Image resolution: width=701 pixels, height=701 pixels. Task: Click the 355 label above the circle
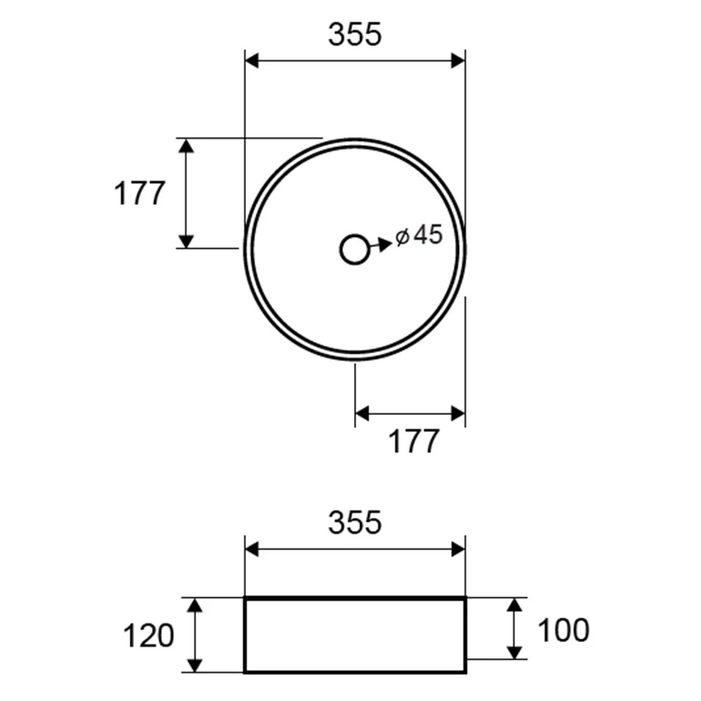(x=355, y=34)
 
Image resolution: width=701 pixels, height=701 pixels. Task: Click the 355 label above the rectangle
(x=355, y=522)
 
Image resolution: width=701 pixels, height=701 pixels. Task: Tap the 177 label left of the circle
(x=140, y=193)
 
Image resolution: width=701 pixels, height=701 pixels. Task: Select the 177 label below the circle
(x=414, y=441)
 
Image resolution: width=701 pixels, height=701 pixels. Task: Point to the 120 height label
(x=149, y=636)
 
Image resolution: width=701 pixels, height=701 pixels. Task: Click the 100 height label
(x=564, y=630)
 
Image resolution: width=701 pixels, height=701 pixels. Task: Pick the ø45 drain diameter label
(x=419, y=235)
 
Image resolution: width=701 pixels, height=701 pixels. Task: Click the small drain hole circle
(x=355, y=250)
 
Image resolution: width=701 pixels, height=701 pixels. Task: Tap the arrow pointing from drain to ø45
(x=381, y=245)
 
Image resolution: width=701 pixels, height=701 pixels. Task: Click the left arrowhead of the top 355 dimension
(x=252, y=61)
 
